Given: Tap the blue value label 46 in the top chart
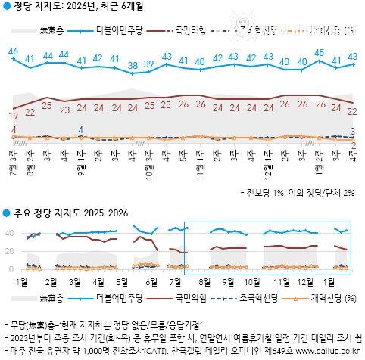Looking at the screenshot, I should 13,51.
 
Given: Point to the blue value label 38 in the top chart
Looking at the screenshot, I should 133,65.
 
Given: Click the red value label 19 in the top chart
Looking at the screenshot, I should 14,115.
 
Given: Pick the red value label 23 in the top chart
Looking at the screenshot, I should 64,109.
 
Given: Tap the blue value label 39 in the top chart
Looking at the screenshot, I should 150,64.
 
